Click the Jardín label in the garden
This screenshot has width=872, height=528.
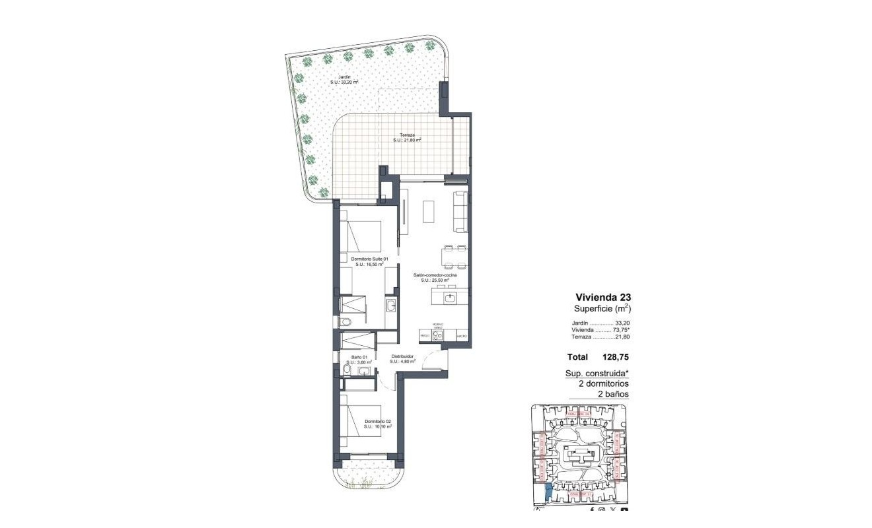click(x=344, y=80)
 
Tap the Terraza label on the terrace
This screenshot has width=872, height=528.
click(x=407, y=137)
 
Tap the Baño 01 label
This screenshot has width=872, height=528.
click(x=360, y=359)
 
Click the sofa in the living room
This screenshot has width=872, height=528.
click(x=460, y=211)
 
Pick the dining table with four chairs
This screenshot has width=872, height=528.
click(x=454, y=257)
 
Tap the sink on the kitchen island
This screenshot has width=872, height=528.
click(x=450, y=298)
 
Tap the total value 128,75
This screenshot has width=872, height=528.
click(x=615, y=357)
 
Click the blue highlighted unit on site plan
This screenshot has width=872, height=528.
click(x=547, y=492)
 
